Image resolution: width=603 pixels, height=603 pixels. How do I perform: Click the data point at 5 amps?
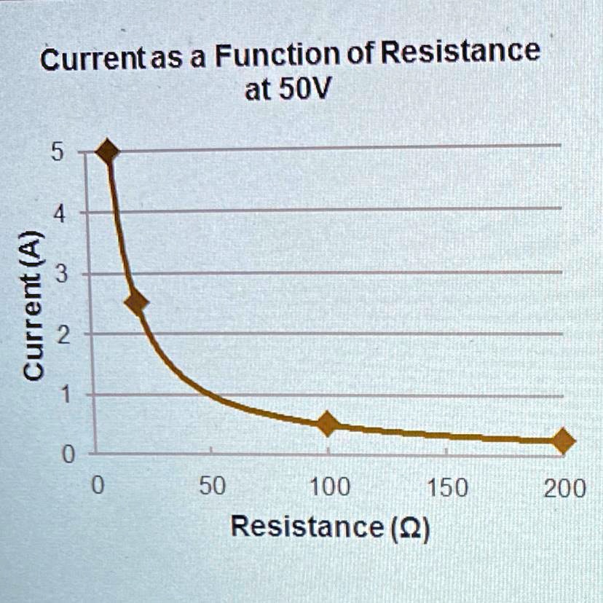108,151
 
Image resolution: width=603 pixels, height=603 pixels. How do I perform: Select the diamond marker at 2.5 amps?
135,303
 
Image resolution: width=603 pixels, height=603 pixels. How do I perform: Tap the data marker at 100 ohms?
328,424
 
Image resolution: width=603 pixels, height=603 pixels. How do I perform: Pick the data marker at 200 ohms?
563,441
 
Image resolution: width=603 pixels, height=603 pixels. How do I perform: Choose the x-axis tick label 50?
212,486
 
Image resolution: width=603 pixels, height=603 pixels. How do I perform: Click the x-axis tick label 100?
330,486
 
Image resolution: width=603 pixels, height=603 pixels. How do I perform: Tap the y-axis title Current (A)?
33,304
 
